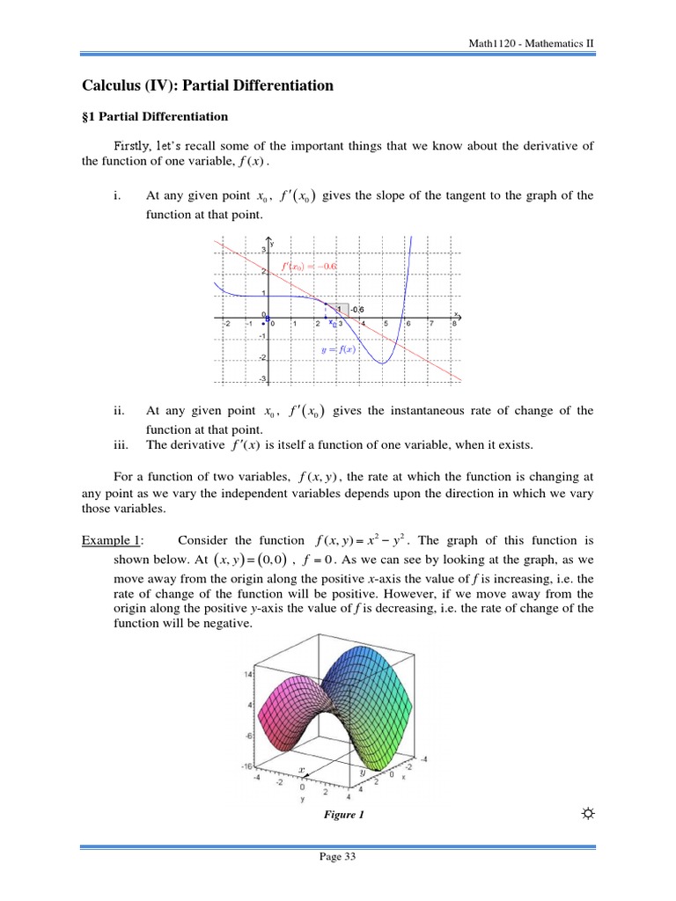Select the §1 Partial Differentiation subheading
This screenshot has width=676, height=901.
point(154,116)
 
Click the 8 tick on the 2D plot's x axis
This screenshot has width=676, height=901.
point(453,324)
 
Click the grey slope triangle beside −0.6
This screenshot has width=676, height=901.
point(337,307)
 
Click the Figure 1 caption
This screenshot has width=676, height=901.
point(344,815)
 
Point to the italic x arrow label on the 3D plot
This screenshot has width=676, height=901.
point(301,769)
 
